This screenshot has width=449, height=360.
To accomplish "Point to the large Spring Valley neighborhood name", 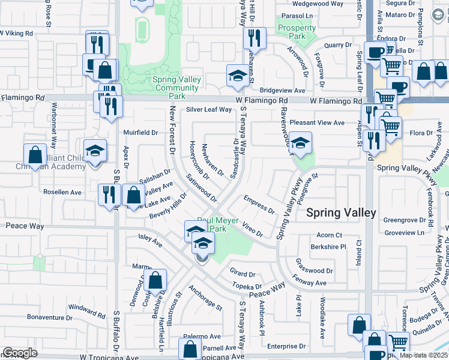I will (x=341, y=212).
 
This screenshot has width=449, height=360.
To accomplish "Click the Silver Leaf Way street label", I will (x=208, y=110).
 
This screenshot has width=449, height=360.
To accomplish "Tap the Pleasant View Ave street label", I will (x=317, y=122).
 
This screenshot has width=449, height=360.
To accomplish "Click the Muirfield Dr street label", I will (x=140, y=133).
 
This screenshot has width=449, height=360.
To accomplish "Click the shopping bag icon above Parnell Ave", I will (x=190, y=349).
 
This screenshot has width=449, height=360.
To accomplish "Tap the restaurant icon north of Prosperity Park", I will (x=255, y=38).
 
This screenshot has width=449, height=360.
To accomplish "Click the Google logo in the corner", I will (x=20, y=353).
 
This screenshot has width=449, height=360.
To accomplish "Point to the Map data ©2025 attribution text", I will (x=423, y=355).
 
